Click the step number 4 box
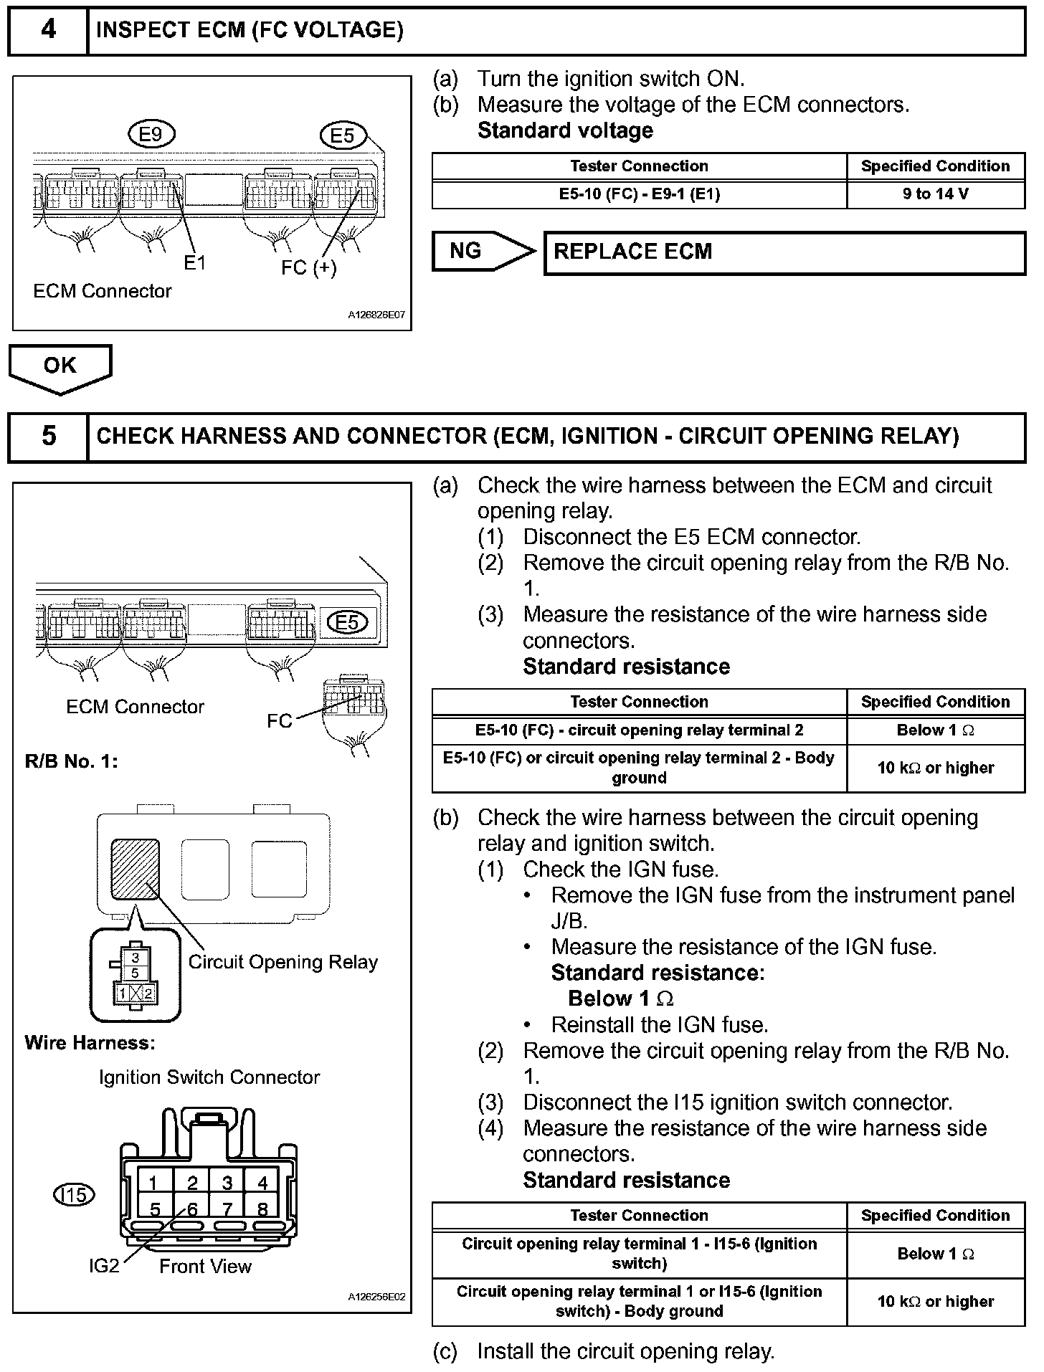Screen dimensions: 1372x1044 click(x=48, y=30)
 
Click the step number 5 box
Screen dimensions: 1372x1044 click(x=48, y=437)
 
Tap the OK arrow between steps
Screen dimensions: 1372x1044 click(x=60, y=367)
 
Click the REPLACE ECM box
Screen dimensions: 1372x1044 click(x=784, y=252)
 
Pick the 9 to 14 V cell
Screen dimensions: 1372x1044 click(x=935, y=194)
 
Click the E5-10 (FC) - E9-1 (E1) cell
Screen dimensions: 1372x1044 click(x=639, y=194)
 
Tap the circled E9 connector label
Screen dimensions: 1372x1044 click(x=151, y=134)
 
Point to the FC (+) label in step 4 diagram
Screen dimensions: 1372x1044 click(x=308, y=267)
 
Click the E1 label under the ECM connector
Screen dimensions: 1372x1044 click(x=194, y=263)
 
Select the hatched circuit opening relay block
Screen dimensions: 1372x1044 click(x=135, y=869)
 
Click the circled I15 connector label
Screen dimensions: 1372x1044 click(x=74, y=1194)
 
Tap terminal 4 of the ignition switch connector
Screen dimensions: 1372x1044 click(x=262, y=1182)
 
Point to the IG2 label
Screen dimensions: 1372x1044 click(x=104, y=1267)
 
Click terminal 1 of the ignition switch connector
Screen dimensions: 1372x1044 click(x=153, y=1182)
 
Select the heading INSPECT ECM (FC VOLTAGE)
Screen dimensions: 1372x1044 click(x=250, y=30)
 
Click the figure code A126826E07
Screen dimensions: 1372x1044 click(x=376, y=315)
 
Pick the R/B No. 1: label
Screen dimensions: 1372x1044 click(x=72, y=761)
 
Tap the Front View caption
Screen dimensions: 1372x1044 click(x=205, y=1267)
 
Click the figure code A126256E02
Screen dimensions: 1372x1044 click(x=376, y=1297)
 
